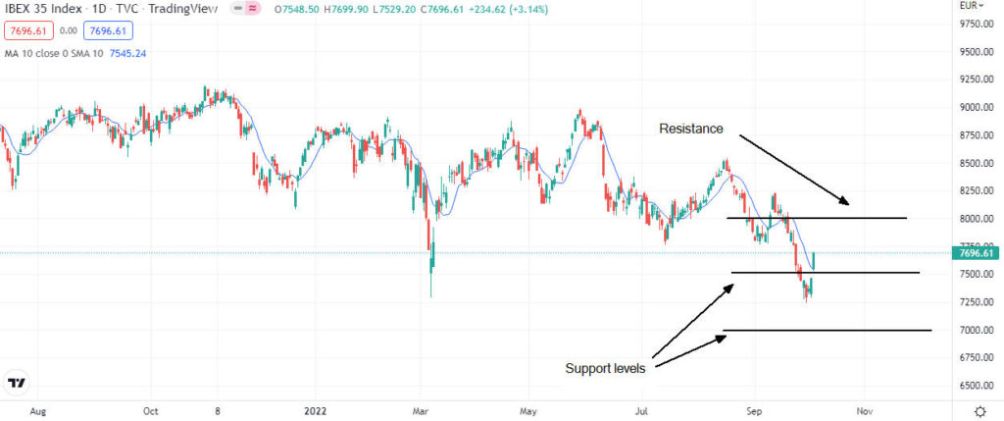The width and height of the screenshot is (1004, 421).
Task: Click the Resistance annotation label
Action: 690,129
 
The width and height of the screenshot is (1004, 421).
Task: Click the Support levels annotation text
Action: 606,368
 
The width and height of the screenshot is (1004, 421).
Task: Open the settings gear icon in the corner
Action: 980,409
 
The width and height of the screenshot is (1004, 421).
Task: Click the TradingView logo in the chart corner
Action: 17,383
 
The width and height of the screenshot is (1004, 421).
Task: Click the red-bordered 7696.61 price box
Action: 25,30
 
